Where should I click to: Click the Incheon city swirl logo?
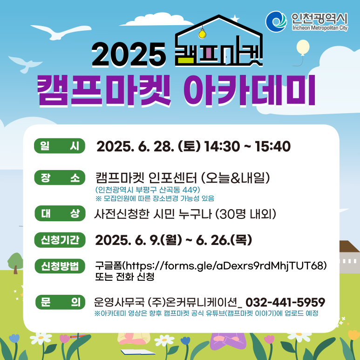[x=276, y=21]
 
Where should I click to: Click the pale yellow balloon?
[x=303, y=48]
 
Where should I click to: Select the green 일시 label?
[x=60, y=146]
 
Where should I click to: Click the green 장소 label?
[x=60, y=177]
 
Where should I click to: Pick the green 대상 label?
[x=60, y=213]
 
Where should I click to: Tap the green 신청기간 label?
[x=60, y=240]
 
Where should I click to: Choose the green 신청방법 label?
[x=60, y=266]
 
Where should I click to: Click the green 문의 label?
[x=60, y=302]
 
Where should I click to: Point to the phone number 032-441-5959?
[x=285, y=302]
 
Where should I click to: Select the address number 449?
[x=190, y=190]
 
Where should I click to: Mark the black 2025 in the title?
[x=129, y=54]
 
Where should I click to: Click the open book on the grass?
[x=138, y=352]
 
